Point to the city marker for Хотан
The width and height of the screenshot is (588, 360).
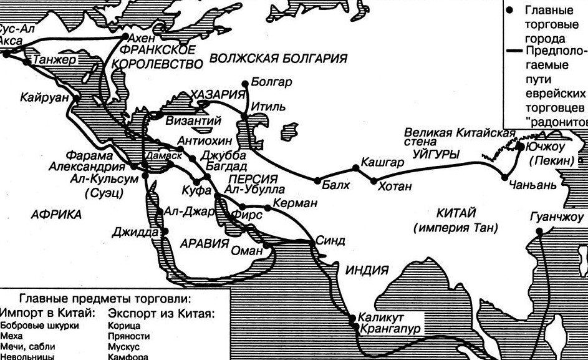pyautogui.click(x=374, y=181)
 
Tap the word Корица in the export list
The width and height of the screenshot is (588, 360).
pyautogui.click(x=124, y=325)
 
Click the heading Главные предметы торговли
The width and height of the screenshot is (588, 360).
pyautogui.click(x=104, y=298)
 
